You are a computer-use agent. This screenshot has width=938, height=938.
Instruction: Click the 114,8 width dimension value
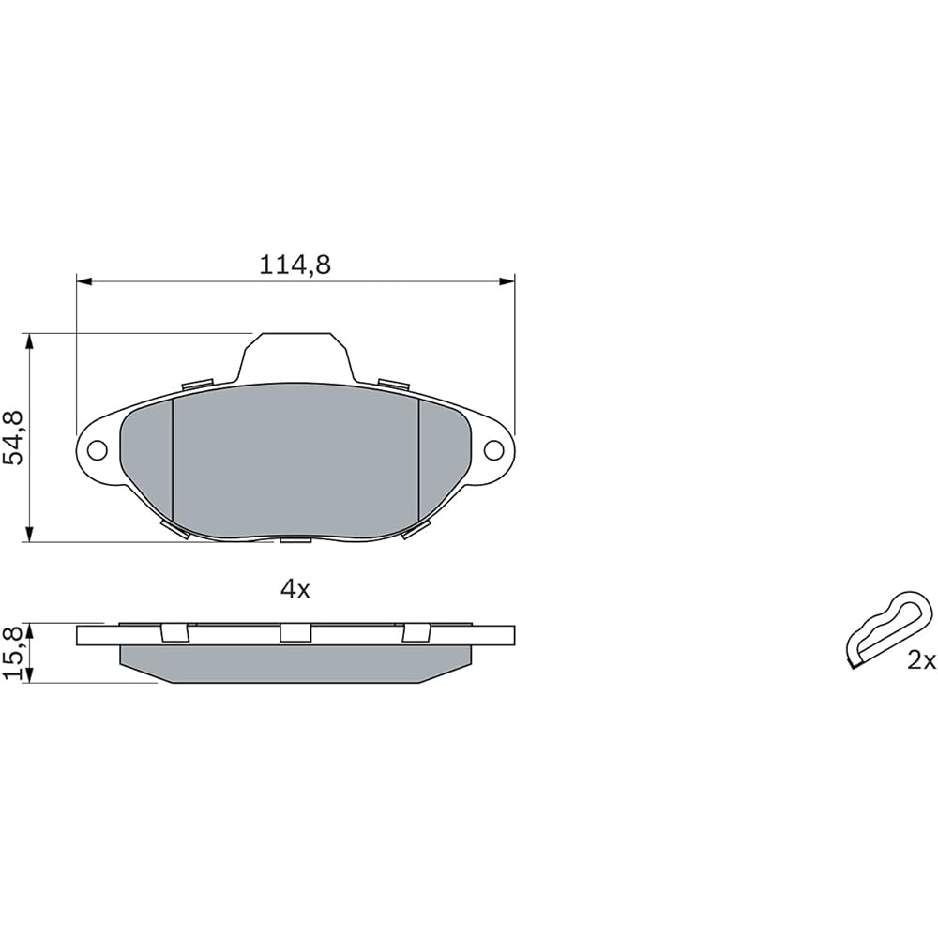(x=295, y=265)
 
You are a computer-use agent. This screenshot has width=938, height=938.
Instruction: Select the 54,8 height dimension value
(x=12, y=437)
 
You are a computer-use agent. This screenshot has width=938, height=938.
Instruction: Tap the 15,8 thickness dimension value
(x=12, y=653)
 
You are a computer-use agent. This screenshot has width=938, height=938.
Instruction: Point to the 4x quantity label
(x=295, y=589)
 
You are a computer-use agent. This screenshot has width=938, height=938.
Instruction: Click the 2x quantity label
(x=921, y=661)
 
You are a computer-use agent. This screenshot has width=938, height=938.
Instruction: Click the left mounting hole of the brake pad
(x=97, y=450)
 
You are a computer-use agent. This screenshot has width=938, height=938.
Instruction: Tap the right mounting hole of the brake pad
(x=493, y=450)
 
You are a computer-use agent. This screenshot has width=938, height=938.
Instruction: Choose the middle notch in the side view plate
(x=295, y=633)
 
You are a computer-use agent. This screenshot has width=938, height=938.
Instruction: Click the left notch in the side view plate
(x=174, y=633)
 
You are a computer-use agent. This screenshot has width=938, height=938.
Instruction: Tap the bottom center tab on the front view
(x=295, y=539)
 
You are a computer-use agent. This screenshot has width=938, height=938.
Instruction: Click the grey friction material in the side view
(x=295, y=663)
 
